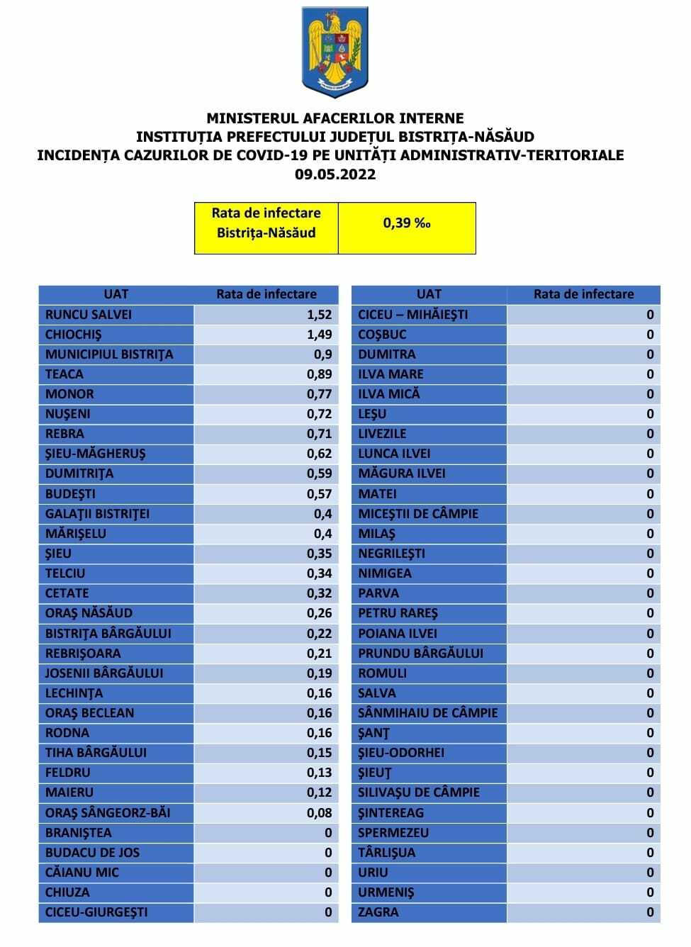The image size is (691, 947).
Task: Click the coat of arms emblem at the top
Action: click(x=335, y=52)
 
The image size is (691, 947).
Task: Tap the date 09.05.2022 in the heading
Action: click(x=335, y=174)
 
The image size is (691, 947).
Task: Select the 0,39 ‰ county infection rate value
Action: click(x=407, y=223)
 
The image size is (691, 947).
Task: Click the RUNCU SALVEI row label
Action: click(x=89, y=314)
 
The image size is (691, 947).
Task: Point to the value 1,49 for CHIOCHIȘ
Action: click(x=319, y=334)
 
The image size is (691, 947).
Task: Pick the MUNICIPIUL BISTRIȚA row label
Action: click(x=109, y=354)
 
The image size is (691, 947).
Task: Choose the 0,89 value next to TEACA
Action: click(x=319, y=374)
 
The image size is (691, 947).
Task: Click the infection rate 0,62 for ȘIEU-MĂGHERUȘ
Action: click(x=319, y=453)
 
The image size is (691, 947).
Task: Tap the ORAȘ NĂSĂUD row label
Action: click(x=89, y=612)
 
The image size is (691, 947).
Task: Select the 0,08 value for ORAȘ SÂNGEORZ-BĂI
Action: click(x=319, y=812)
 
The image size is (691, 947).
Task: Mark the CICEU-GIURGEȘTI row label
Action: click(x=96, y=912)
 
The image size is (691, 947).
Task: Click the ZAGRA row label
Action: click(x=378, y=912)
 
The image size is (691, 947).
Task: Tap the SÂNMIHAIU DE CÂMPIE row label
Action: click(x=427, y=712)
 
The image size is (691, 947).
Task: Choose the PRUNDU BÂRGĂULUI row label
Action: click(x=420, y=653)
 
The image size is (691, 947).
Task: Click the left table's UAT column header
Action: click(x=116, y=294)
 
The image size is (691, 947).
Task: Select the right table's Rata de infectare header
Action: click(x=583, y=294)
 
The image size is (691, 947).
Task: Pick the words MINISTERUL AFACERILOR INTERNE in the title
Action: click(x=335, y=118)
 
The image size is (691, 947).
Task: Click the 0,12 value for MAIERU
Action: click(x=319, y=792)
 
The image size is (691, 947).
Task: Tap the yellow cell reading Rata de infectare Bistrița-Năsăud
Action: click(x=266, y=223)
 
